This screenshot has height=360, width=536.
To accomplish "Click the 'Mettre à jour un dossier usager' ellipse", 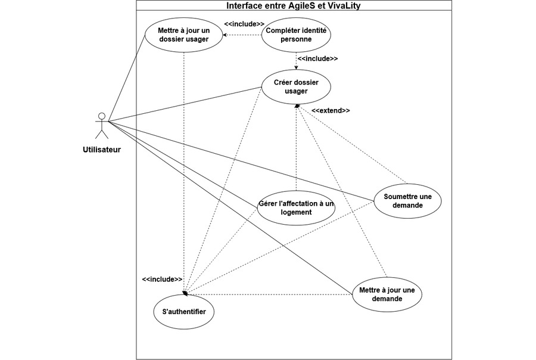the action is (184, 35).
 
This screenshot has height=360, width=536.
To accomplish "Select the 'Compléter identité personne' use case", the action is (296, 35).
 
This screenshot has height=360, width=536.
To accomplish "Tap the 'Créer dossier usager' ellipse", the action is (296, 87).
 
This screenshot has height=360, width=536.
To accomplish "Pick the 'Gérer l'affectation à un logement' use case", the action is (296, 208).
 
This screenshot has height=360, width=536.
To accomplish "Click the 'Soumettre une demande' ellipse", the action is (407, 201).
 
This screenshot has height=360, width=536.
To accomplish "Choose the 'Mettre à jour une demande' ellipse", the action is (387, 294).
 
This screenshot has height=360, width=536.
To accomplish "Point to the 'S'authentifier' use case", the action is (184, 312).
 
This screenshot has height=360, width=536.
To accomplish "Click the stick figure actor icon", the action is (101, 126).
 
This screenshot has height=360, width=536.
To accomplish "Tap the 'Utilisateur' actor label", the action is (101, 150).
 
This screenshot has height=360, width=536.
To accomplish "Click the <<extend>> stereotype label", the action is (331, 110).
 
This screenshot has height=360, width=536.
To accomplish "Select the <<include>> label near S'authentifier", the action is (162, 280).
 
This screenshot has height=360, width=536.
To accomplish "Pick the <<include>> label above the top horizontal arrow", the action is (244, 24).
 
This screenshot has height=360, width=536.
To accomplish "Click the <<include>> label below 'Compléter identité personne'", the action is (317, 58).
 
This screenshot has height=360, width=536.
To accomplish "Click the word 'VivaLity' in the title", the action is (344, 5).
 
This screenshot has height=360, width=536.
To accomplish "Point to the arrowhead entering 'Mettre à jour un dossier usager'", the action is (225, 35).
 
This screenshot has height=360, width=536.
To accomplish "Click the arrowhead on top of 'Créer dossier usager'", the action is (296, 68).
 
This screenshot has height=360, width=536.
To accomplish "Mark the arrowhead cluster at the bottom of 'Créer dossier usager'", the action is (297, 107).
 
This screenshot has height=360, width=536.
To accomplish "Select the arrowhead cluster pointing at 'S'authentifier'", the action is (185, 293).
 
